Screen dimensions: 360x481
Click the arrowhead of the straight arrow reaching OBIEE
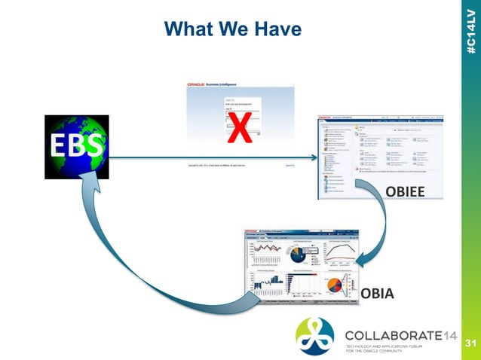311,157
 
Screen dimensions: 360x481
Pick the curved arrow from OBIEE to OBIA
381,226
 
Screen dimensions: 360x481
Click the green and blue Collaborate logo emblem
314,336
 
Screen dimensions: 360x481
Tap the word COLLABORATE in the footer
390,334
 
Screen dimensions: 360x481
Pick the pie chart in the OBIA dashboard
335,286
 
